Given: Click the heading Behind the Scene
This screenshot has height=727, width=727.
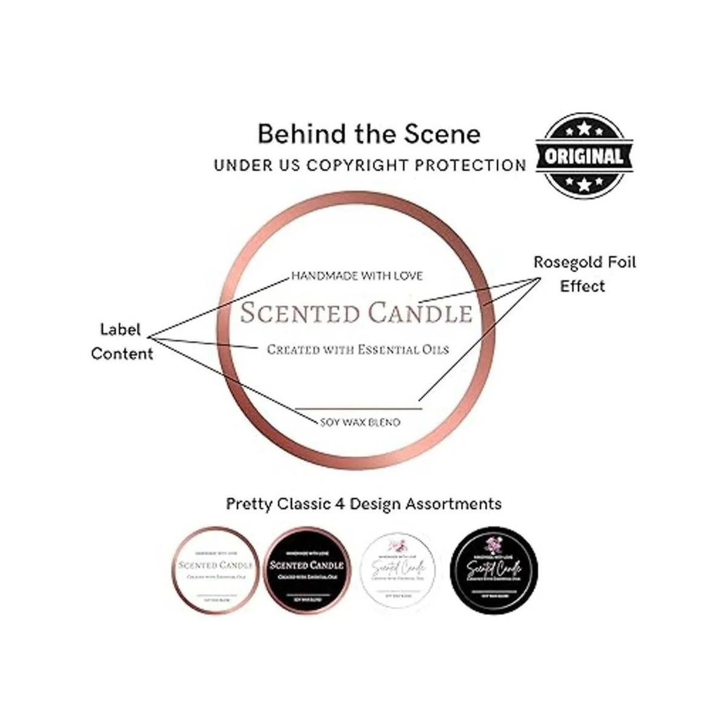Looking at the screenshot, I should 369,134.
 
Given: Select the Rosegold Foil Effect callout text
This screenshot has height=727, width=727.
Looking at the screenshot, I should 584,274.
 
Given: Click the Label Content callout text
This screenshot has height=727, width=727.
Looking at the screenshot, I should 122,342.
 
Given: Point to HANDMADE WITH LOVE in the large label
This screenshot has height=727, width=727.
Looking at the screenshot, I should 357,276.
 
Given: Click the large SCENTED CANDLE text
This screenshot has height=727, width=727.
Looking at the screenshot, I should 356,313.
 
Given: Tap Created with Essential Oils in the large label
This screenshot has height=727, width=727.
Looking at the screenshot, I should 358,350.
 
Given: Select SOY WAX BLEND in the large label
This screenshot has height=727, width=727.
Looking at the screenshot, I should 360,422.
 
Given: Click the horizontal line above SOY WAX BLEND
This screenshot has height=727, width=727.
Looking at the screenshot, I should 357,409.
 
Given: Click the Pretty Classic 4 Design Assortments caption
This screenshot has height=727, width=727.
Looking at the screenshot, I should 363,503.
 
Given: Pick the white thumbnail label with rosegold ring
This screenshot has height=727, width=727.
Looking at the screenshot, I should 216,570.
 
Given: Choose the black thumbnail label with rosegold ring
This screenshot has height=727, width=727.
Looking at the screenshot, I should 307,570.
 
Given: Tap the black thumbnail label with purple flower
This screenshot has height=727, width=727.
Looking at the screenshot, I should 494,570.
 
